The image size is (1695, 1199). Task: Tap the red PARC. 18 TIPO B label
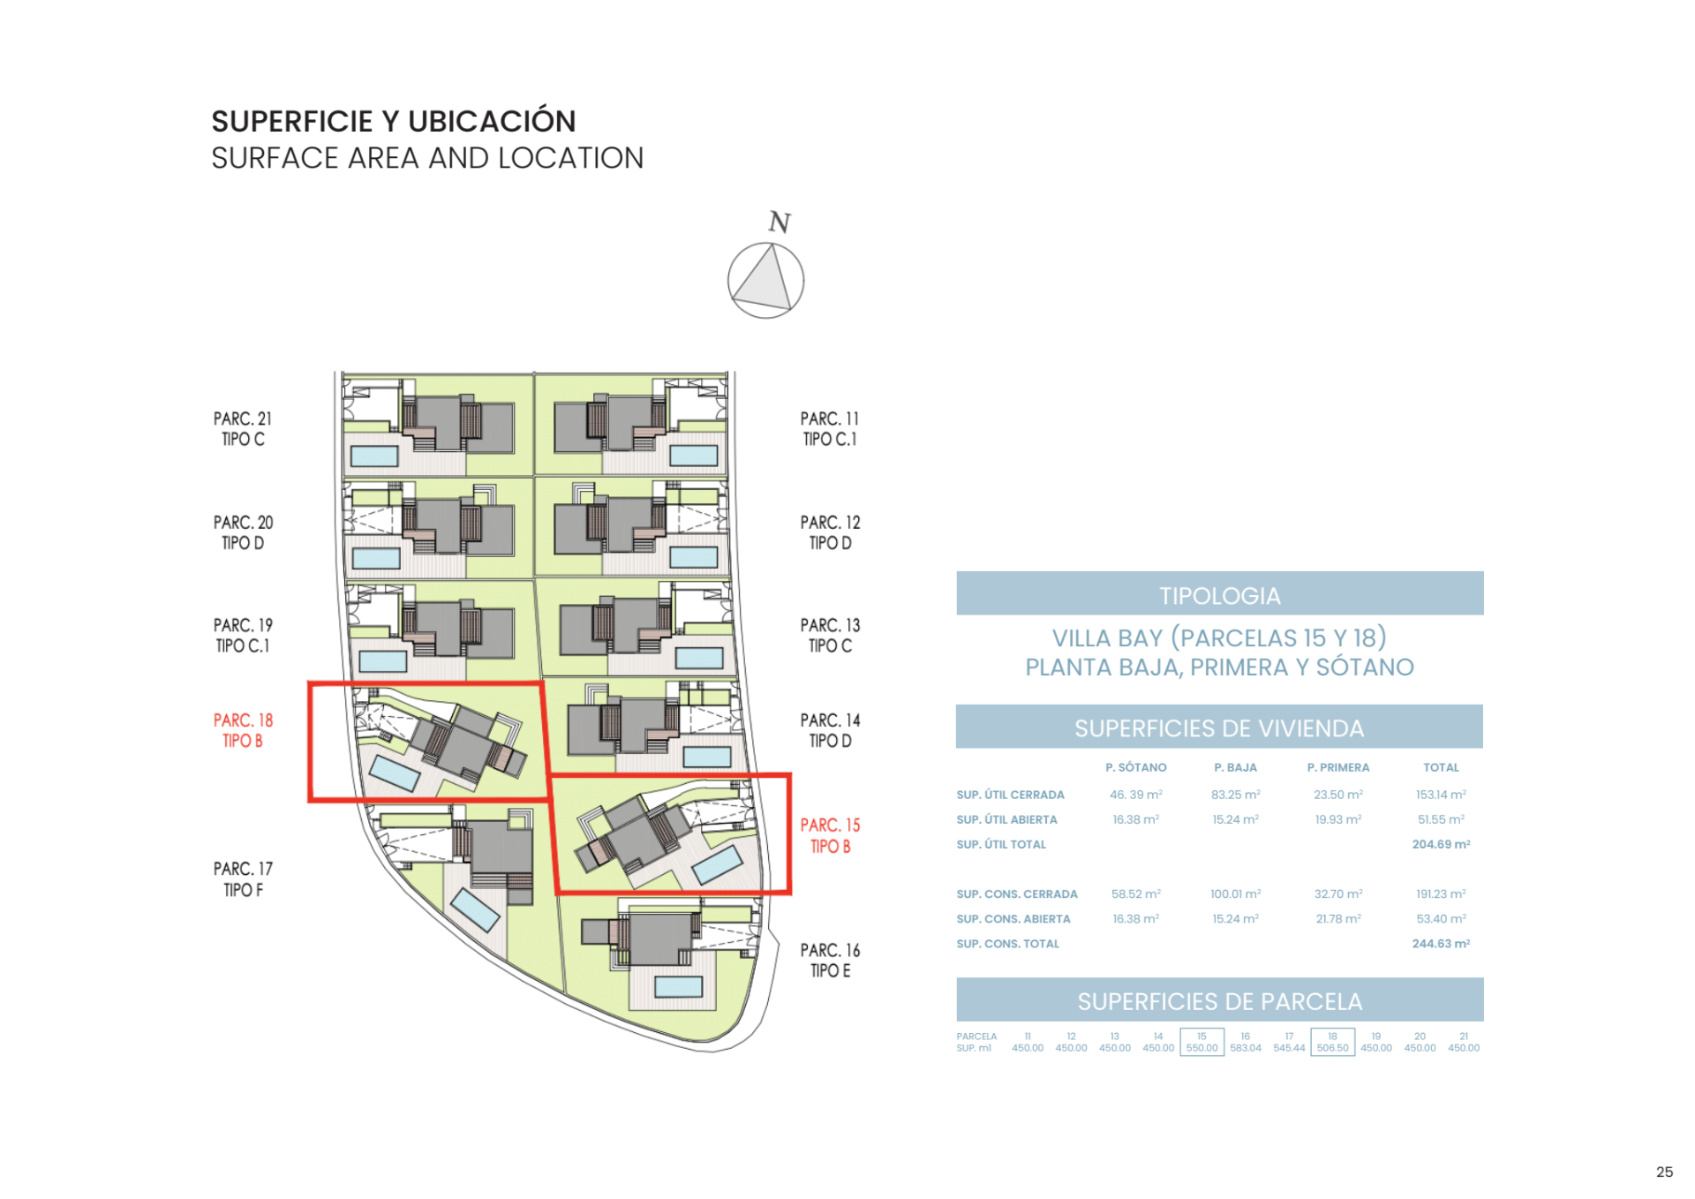(243, 730)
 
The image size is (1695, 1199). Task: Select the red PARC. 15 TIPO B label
(830, 835)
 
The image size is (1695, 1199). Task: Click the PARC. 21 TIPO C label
(243, 428)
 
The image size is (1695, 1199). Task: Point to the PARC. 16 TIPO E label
(830, 960)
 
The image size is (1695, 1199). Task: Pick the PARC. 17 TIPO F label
(243, 879)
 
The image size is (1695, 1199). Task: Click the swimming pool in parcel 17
(476, 910)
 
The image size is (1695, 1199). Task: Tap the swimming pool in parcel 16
(678, 986)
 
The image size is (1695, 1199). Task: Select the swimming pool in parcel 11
(693, 456)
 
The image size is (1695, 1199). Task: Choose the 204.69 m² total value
(1441, 844)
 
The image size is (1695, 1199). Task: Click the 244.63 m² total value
(1441, 943)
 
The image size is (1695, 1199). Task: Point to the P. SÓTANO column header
(1135, 767)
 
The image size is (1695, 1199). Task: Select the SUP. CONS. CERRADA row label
(1016, 894)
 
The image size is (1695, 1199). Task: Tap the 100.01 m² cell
(1235, 894)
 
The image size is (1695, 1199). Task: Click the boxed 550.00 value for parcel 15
(1202, 1048)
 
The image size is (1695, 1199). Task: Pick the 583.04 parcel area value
(1245, 1048)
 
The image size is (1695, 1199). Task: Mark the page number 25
(1664, 1172)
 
